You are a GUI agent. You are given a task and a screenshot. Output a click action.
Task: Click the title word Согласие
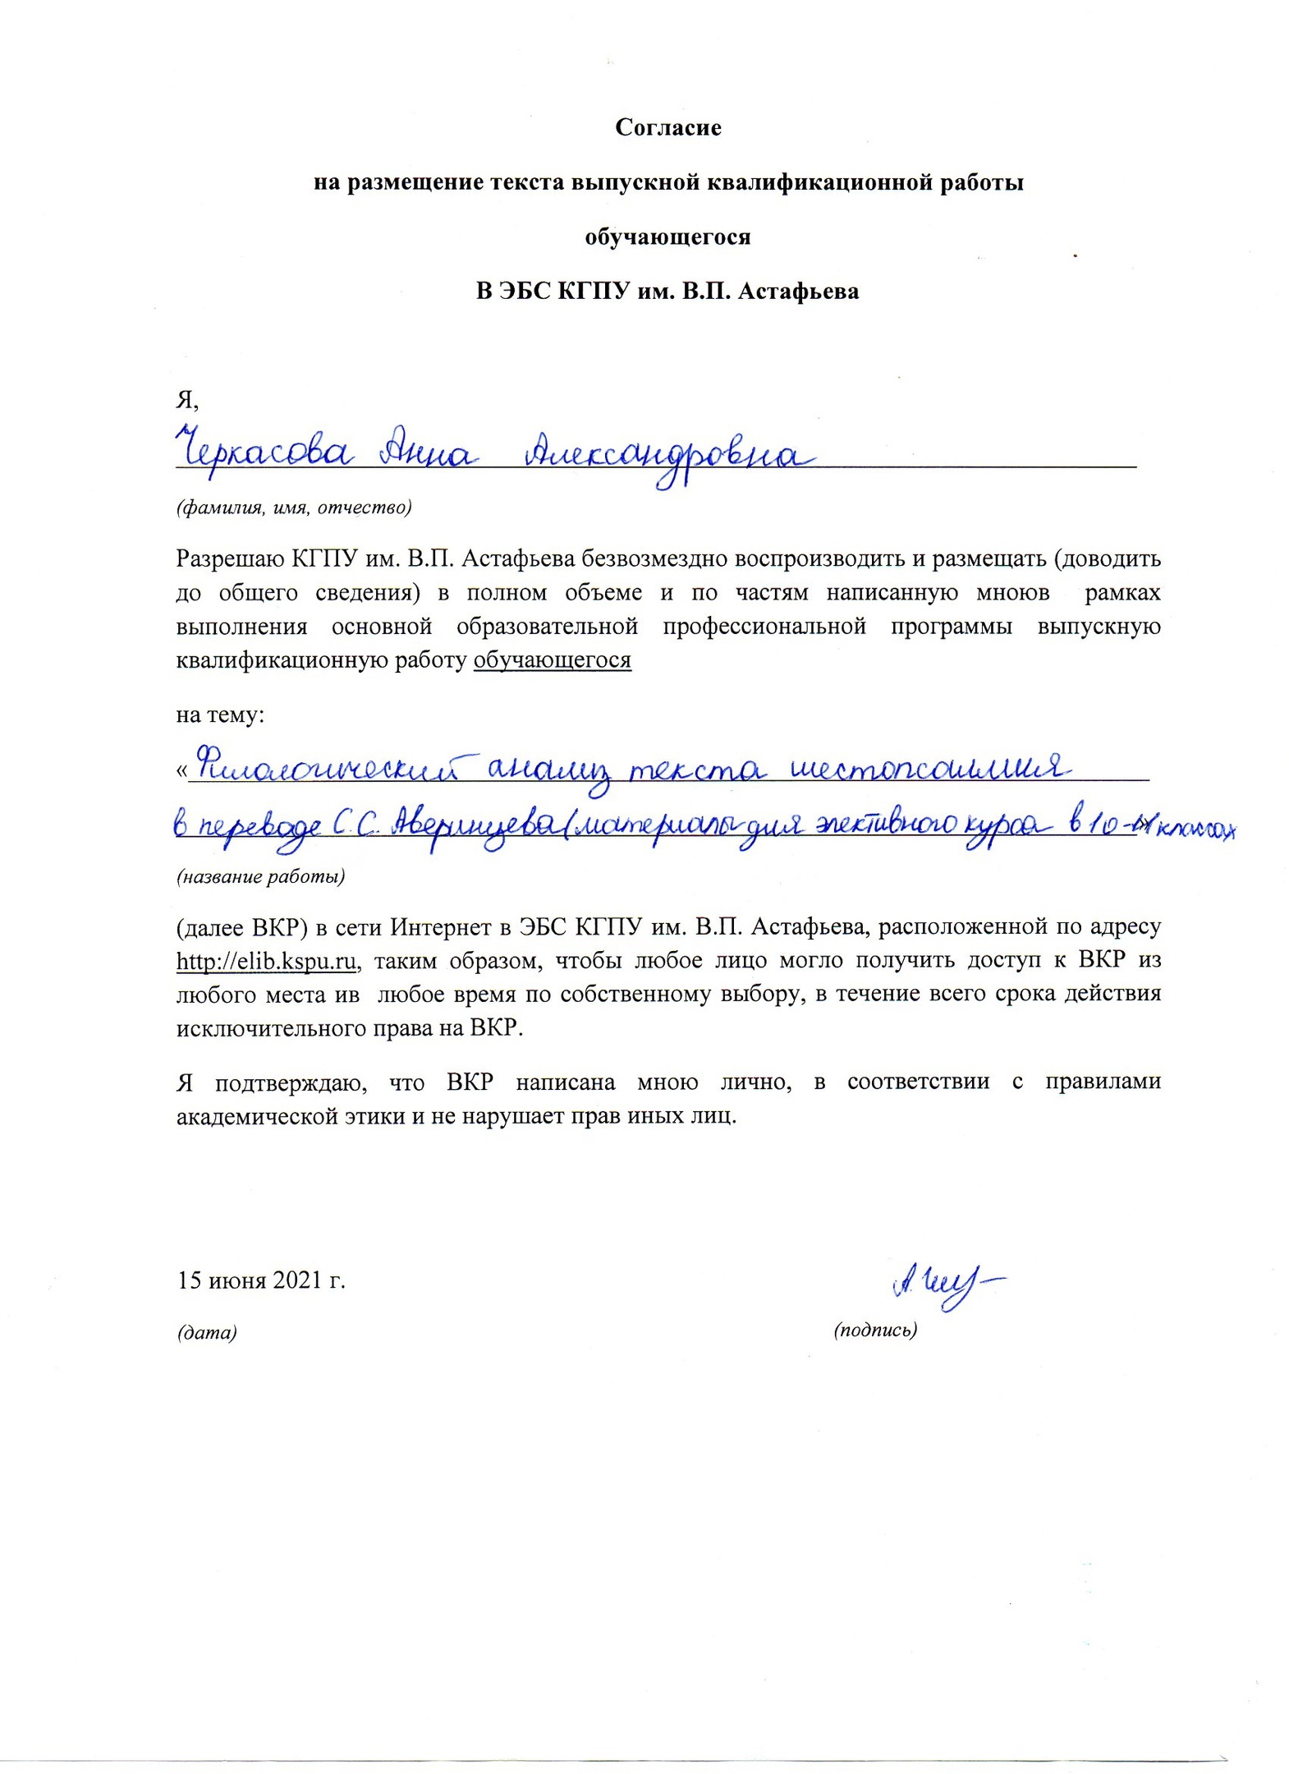tap(667, 128)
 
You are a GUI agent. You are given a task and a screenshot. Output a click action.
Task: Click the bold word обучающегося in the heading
tap(667, 237)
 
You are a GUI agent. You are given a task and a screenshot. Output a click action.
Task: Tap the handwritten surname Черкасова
tap(263, 451)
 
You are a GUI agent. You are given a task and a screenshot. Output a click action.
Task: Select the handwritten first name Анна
tap(424, 451)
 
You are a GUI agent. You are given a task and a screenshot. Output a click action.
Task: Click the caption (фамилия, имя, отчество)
tap(294, 507)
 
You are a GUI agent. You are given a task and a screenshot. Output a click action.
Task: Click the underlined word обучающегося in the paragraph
tap(552, 660)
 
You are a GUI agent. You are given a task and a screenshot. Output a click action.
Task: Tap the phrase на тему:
tap(220, 715)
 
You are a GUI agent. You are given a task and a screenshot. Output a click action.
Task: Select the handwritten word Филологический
tap(333, 770)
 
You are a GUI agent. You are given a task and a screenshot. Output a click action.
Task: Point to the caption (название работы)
tap(260, 876)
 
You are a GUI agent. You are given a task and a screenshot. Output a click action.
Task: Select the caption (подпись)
tap(874, 1330)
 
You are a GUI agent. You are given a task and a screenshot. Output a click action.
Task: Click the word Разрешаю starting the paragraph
tap(230, 558)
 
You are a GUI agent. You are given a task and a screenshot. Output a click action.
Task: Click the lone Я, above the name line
tap(187, 400)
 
